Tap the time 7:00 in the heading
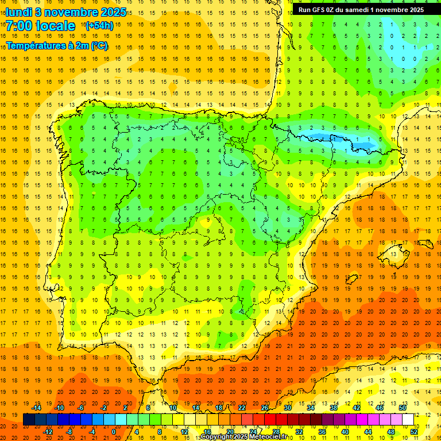pos(20,26)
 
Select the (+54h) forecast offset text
pos(99,26)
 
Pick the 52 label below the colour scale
pos(414,432)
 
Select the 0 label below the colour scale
pos(114,432)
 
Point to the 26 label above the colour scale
pos(265,408)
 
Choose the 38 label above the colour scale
pos(334,408)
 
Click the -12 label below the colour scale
pos(48,432)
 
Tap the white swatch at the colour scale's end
pos(408,420)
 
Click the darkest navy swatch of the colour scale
pos(29,420)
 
